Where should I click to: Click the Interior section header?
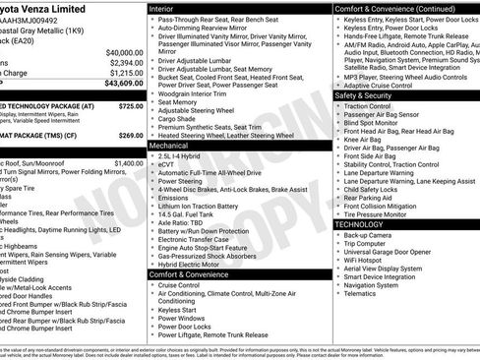(168, 7)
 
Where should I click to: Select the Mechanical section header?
(173, 145)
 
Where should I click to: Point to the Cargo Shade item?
(181, 118)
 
